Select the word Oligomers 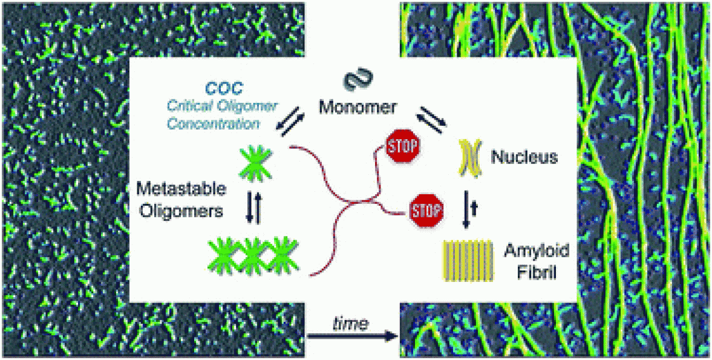(x=185, y=212)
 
